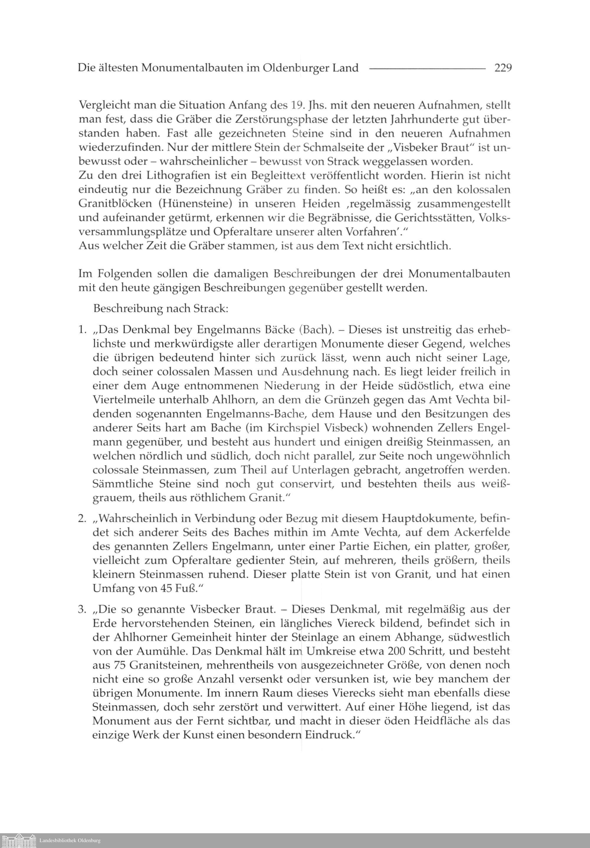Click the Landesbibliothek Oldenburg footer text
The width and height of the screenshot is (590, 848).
70,840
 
